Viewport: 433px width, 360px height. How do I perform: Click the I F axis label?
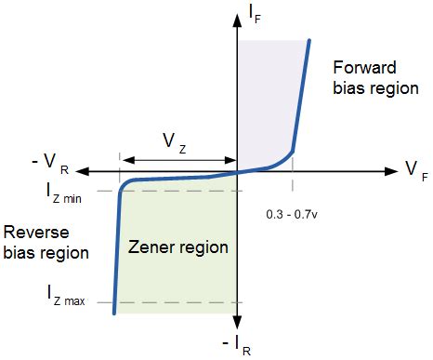pos(255,15)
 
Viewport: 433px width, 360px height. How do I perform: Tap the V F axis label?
pos(416,171)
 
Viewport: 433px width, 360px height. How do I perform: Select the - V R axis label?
pos(50,164)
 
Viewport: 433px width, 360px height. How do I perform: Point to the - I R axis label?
pos(237,345)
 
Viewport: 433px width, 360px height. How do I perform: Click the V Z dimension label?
pos(175,143)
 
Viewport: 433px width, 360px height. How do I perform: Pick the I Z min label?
pos(64,193)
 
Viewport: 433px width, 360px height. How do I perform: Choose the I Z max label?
pos(66,296)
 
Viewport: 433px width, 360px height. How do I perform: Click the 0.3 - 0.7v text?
pos(292,214)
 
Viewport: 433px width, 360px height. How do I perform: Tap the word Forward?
pos(364,67)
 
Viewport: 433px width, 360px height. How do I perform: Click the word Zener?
pos(151,247)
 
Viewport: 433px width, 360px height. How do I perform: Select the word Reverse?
pos(36,233)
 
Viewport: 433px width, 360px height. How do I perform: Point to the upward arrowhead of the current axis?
pos(237,20)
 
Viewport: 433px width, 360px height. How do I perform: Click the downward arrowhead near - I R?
pos(237,322)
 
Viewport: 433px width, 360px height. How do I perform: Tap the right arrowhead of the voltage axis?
pos(391,171)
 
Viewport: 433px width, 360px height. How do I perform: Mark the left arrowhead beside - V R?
pos(83,171)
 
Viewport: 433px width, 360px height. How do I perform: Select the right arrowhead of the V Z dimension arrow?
pos(230,160)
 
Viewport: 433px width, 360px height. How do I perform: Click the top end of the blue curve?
pos(309,40)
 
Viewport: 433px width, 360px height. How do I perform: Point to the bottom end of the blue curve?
pos(114,313)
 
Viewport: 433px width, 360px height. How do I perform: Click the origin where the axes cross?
pos(237,171)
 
